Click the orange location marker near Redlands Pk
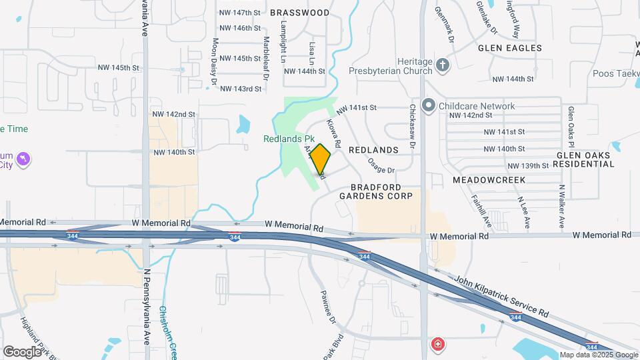tap(321, 159)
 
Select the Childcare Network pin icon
tap(429, 106)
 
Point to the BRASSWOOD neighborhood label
tap(300, 13)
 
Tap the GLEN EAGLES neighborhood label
tap(510, 48)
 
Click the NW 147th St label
tap(239, 13)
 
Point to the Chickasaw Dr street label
tap(412, 127)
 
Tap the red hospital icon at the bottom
tap(437, 345)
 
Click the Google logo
tap(22, 351)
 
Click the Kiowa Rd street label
tap(334, 133)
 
